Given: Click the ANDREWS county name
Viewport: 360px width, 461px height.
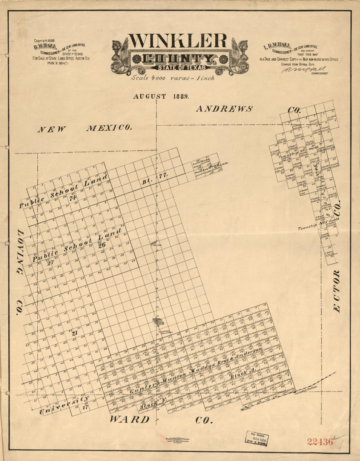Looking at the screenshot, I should point(224,109).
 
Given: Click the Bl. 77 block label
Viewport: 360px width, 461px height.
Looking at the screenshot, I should point(155,178).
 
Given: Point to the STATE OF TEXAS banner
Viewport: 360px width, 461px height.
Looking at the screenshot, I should point(178,68).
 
